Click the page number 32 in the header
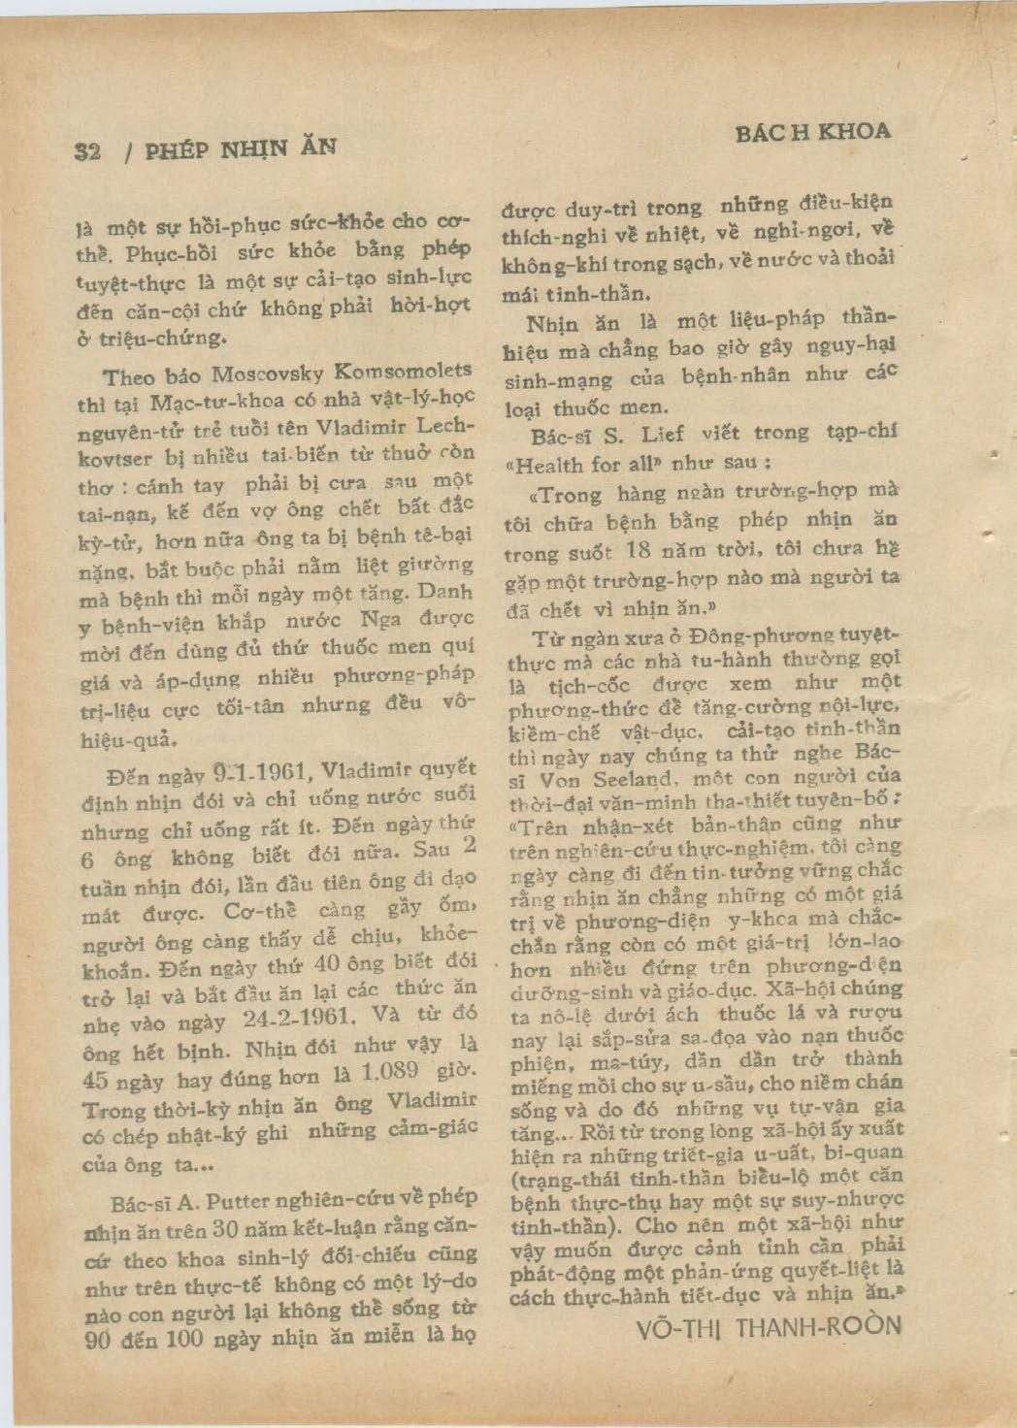(x=88, y=151)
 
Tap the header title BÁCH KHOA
(x=812, y=132)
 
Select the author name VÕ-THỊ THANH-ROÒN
(x=769, y=1326)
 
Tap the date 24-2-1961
(x=287, y=1020)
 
